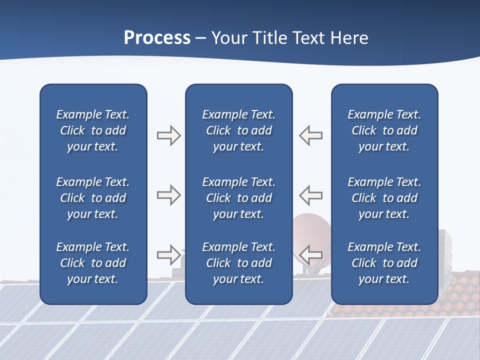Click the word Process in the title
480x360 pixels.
pos(157,38)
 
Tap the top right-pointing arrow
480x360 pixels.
pos(168,135)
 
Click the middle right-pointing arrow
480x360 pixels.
pos(168,195)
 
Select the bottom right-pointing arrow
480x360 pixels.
pos(168,255)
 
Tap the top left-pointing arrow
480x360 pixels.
pos(310,135)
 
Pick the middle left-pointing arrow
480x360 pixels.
pos(310,195)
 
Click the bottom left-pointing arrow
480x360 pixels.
pos(310,255)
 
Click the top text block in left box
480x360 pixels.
pos(93,130)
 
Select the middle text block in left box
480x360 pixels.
pos(93,198)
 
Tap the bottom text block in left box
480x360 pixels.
pos(93,263)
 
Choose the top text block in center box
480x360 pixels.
pos(238,130)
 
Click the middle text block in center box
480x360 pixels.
pos(238,198)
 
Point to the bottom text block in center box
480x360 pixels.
pos(238,263)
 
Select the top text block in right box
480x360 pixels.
pos(384,130)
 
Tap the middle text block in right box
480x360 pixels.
pos(384,198)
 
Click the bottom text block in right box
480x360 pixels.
pos(384,263)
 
